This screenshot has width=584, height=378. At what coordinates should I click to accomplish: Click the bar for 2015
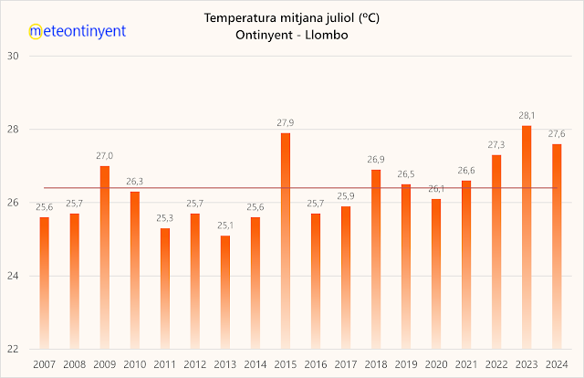pos(286,241)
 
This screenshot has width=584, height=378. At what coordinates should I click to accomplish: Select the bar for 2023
pos(527,237)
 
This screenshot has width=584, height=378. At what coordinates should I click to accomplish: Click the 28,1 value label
pos(527,116)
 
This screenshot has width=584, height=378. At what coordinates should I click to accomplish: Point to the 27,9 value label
pos(286,123)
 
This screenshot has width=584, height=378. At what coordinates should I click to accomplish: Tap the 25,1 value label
pos(225,226)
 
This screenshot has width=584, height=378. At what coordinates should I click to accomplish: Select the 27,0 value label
pos(105,156)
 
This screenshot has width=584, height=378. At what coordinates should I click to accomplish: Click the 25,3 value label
pos(165,218)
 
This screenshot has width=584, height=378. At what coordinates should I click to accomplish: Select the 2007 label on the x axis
pos(44,364)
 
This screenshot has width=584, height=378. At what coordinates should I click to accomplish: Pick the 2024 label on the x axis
pos(557,364)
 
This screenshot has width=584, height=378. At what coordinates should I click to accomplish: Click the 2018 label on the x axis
pos(376,364)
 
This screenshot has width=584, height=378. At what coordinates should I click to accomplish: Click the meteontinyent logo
pos(78,30)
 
